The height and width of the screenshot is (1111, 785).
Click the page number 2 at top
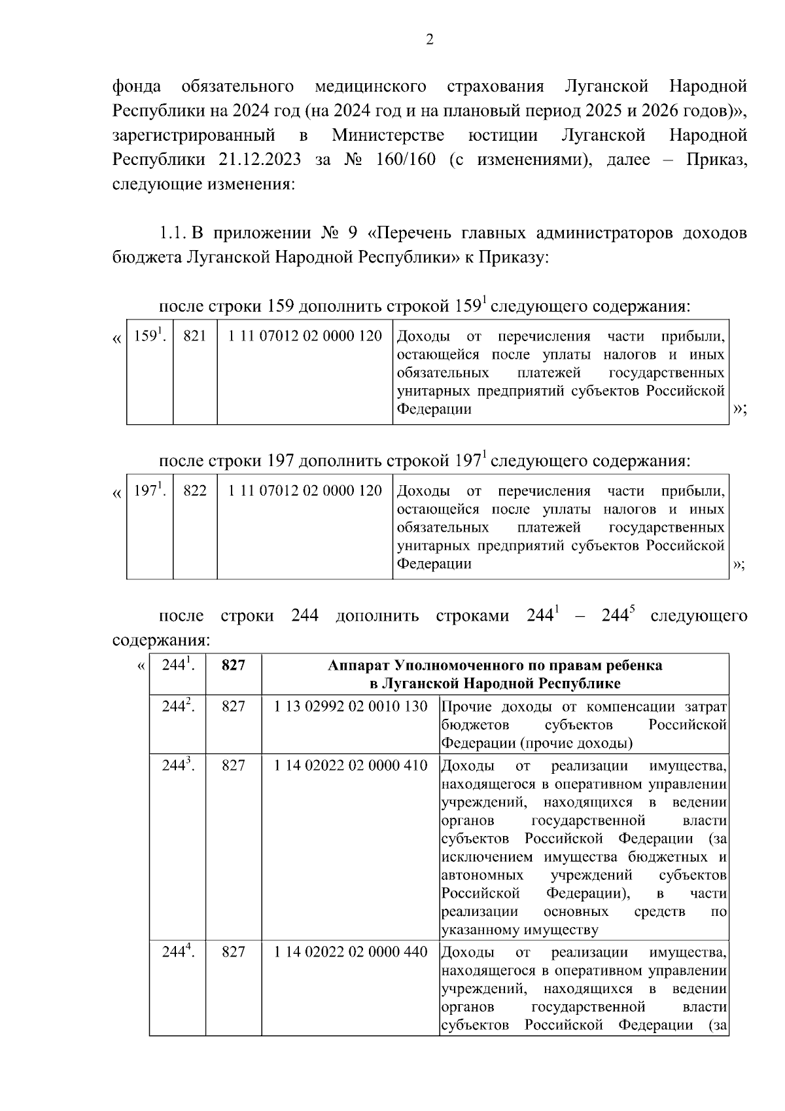[x=430, y=40]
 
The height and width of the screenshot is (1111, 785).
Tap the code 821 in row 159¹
[x=195, y=337]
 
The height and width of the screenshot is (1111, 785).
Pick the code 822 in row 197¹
[x=195, y=491]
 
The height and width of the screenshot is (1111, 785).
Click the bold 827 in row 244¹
[x=234, y=666]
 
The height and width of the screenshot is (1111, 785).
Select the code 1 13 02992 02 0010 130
[x=351, y=707]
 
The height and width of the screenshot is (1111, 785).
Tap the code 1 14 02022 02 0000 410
[x=351, y=766]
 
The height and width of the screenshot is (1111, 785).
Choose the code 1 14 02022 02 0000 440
[x=351, y=952]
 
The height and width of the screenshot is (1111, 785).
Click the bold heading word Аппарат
[x=356, y=666]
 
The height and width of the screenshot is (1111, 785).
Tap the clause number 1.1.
[x=173, y=234]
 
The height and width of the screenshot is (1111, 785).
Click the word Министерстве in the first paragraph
[x=388, y=136]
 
